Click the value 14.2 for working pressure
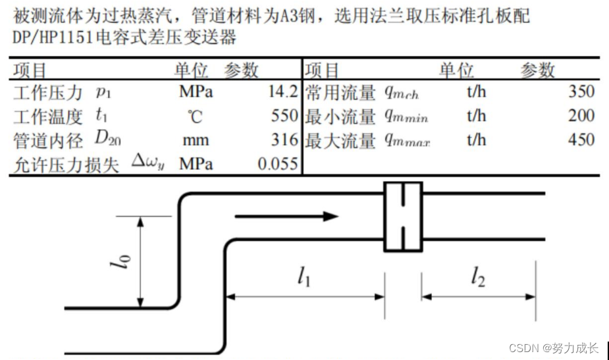point(283,91)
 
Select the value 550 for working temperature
point(285,116)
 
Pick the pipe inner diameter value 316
point(285,140)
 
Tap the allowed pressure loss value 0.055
point(278,164)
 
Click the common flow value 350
point(581,91)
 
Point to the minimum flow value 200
point(581,116)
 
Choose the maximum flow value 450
point(581,140)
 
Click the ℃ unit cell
point(196,116)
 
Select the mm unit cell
point(196,140)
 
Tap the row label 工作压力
point(48,92)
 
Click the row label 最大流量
point(340,140)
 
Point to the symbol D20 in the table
point(107,139)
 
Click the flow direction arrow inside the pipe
point(286,216)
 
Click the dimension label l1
point(303,277)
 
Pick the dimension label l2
point(478,277)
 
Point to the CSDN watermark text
point(554,347)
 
